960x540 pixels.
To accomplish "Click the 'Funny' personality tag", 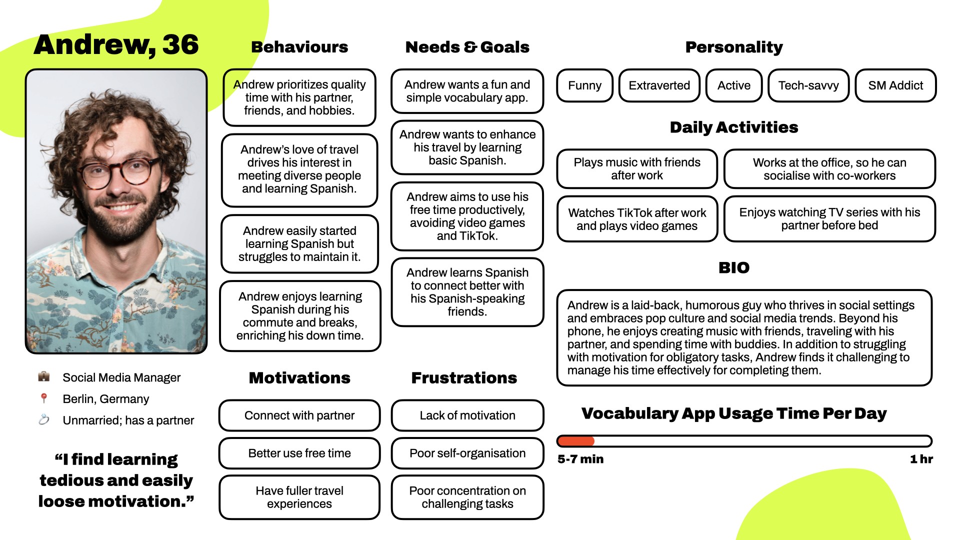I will point(584,85).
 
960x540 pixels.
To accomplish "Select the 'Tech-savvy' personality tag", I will point(808,85).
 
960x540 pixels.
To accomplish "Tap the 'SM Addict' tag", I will point(895,85).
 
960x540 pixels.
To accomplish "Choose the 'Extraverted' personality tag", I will point(659,85).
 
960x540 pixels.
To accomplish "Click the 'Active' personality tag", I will point(733,85).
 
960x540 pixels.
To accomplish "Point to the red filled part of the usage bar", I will point(575,441).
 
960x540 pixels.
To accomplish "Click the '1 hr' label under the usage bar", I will point(921,459).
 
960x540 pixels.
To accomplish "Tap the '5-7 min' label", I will point(580,459).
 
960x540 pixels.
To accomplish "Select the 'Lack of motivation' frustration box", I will point(467,415).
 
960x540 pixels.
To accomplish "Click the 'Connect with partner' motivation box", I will point(299,415).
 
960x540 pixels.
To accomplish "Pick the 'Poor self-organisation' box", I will point(467,453).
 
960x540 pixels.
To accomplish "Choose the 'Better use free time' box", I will point(299,453).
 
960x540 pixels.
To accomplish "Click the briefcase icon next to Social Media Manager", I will point(44,376).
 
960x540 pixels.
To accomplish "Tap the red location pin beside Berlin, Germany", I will point(44,398).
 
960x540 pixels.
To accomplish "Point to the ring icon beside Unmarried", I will point(44,419).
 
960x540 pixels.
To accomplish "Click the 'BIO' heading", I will point(733,267).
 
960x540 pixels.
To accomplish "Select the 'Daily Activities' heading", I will point(733,127).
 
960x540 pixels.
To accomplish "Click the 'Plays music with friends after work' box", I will point(636,169).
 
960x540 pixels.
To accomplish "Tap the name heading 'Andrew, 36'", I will point(116,44).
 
